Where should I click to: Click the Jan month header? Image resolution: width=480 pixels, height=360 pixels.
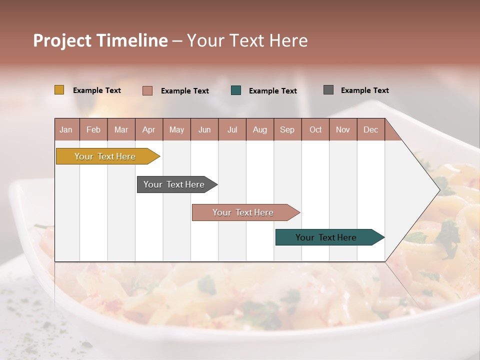[66, 129]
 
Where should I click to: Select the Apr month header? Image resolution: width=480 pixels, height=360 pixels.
[148, 129]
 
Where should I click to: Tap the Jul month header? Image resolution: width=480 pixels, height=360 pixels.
[232, 129]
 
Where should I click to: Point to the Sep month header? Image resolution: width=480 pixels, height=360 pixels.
[287, 129]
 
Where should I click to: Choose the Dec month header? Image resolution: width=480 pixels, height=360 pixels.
[370, 129]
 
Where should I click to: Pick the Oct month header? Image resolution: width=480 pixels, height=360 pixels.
[315, 129]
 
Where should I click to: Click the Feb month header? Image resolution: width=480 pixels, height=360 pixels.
[93, 129]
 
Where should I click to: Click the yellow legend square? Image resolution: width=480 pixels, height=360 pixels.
[59, 90]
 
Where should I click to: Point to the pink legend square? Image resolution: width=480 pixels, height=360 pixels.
[147, 90]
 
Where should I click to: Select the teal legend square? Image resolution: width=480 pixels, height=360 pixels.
[236, 90]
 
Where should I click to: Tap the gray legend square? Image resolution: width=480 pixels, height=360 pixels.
[328, 90]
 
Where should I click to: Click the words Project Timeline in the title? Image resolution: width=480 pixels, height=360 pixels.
[100, 40]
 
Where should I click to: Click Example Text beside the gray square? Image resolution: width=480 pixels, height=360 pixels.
[364, 90]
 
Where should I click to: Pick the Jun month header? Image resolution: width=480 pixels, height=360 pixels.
[204, 129]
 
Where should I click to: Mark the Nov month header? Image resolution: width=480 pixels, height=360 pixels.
[343, 129]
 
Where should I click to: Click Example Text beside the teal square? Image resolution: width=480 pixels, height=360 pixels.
[272, 91]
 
